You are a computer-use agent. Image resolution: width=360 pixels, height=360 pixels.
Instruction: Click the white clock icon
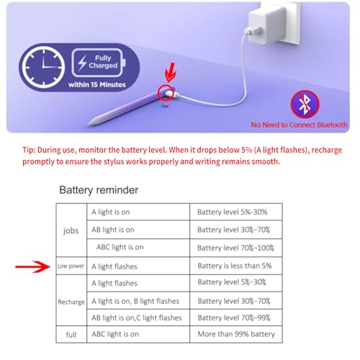[43, 67]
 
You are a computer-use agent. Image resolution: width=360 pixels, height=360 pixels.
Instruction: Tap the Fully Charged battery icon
[99, 63]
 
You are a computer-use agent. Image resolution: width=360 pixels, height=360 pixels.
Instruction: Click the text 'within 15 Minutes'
[97, 84]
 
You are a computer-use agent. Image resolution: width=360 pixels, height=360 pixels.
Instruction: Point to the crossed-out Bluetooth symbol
[305, 104]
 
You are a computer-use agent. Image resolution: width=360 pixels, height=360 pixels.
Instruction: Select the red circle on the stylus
[166, 93]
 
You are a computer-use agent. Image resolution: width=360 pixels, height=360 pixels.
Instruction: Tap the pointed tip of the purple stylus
[89, 124]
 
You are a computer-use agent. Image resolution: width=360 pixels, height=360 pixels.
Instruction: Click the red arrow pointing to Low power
[33, 266]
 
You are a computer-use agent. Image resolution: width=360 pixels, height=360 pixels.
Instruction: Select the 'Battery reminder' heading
[99, 190]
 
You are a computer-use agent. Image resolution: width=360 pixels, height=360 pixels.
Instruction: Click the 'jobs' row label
[71, 231]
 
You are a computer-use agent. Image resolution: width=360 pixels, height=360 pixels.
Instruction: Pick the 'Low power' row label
[71, 266]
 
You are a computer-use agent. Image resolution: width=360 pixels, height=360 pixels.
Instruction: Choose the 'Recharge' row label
[71, 302]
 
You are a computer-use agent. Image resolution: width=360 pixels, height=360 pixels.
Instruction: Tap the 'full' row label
[71, 335]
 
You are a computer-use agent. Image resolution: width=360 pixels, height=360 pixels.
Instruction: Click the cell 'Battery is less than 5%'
[235, 266]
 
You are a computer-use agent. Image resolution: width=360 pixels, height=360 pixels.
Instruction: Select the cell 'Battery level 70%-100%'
[235, 248]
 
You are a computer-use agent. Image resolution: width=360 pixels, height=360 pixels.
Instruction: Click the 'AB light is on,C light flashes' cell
[137, 318]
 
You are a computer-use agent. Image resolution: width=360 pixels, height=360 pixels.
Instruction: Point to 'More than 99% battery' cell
[236, 334]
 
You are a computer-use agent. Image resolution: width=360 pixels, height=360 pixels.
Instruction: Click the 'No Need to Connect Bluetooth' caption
[299, 125]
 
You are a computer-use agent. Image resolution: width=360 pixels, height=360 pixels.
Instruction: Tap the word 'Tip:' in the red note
[29, 150]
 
